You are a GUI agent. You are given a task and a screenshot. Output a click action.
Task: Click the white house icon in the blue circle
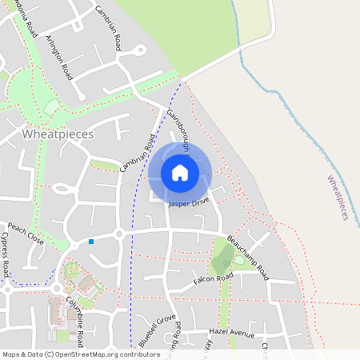(x=180, y=172)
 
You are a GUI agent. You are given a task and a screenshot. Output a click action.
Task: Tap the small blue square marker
(x=91, y=241)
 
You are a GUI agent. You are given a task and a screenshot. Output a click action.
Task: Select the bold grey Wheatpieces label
(x=58, y=134)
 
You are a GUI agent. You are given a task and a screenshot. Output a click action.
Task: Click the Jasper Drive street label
(x=190, y=203)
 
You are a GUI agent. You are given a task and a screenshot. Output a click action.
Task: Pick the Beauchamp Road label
(x=249, y=257)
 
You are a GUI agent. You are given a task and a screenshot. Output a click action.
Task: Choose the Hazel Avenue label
(x=231, y=332)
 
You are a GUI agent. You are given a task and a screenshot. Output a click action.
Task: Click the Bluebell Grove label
(x=157, y=330)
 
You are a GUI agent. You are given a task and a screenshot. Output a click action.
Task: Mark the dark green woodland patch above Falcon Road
(x=224, y=257)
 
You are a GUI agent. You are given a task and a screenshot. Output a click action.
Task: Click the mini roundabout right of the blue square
(x=119, y=234)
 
